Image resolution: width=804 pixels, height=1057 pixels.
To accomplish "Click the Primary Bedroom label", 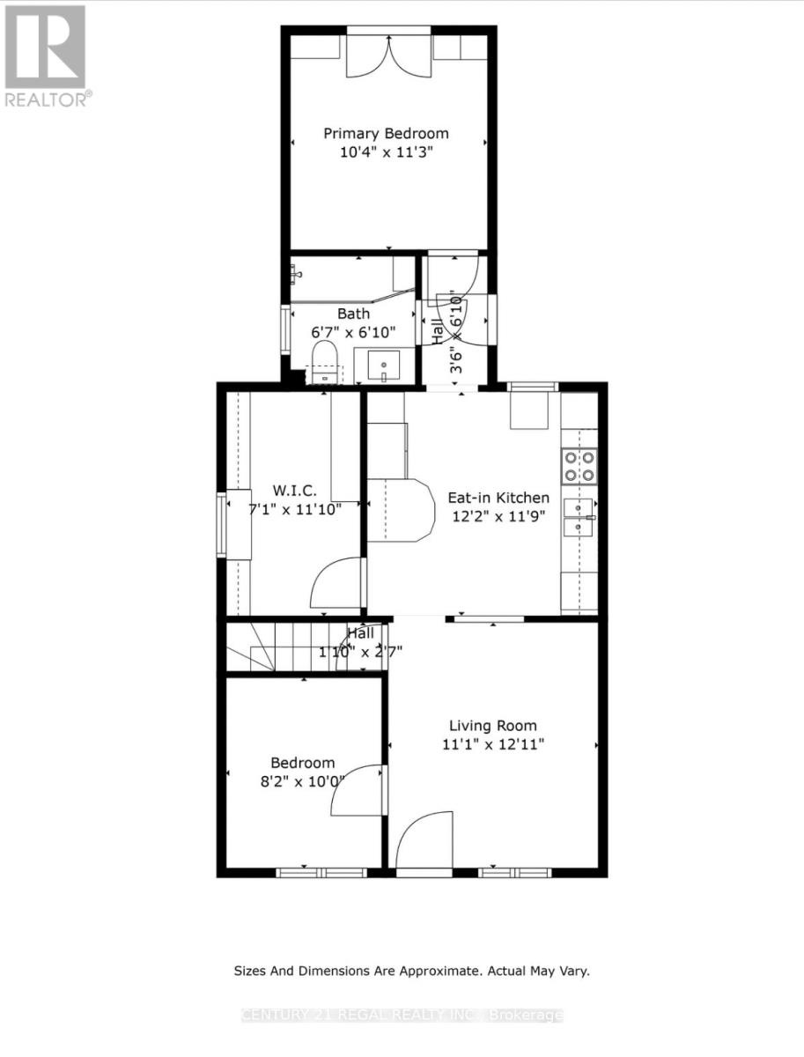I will pyautogui.click(x=386, y=134).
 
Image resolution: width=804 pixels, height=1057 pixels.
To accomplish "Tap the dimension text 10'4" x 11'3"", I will pyautogui.click(x=386, y=152).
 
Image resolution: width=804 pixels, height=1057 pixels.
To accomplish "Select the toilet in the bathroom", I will pyautogui.click(x=325, y=363).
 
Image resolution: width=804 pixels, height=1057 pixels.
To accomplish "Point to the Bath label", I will pyautogui.click(x=353, y=314).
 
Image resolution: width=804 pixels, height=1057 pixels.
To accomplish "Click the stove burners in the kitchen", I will pyautogui.click(x=579, y=466).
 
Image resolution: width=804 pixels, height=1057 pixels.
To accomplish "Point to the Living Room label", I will pyautogui.click(x=492, y=726).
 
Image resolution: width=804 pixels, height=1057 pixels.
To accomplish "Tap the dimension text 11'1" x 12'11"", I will pyautogui.click(x=493, y=744).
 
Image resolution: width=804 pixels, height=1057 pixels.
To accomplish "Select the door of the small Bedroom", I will pyautogui.click(x=358, y=789).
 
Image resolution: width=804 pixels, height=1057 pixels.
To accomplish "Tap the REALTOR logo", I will pyautogui.click(x=46, y=55).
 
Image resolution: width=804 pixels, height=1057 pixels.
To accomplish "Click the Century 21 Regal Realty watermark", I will pyautogui.click(x=402, y=1016).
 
